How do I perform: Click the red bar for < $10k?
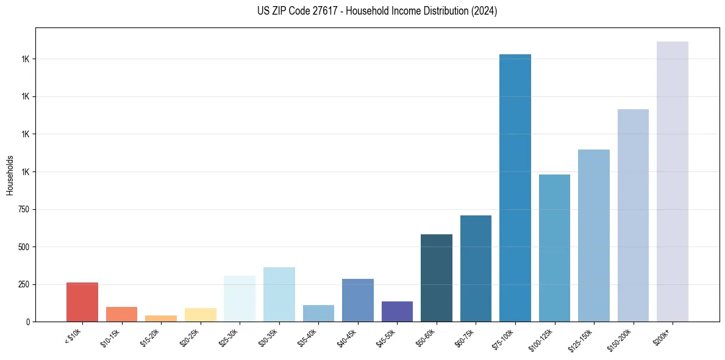[x=82, y=302]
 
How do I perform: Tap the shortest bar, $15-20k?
[x=161, y=319]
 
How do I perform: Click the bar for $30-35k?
[x=279, y=294]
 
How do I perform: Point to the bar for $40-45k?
[x=358, y=300]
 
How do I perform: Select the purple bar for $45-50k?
[x=397, y=311]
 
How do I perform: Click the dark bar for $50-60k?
[x=437, y=278]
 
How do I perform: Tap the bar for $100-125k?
[x=554, y=248]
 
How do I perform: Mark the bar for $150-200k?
[x=633, y=215]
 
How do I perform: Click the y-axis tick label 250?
[x=24, y=284]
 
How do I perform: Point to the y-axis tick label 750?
[x=24, y=209]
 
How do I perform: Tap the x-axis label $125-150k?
[x=580, y=339]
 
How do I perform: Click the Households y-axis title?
[x=10, y=175]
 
